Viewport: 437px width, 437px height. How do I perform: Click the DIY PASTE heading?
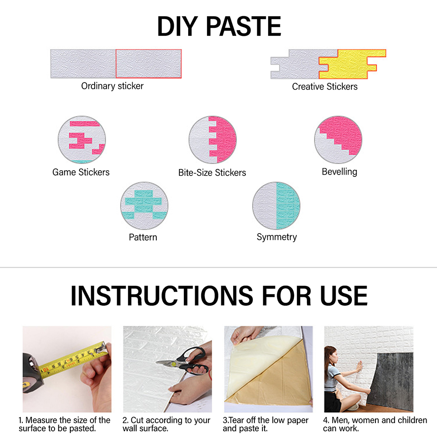pos(219,27)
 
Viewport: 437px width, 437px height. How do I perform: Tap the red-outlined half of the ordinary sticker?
pos(148,64)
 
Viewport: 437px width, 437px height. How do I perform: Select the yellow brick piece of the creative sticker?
pos(352,64)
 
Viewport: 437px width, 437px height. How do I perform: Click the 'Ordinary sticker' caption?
pos(112,86)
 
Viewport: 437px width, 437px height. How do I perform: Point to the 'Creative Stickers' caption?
pos(325,87)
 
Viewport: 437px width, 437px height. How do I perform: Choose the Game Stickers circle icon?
pos(82,140)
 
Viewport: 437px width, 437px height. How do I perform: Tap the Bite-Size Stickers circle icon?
pos(213,140)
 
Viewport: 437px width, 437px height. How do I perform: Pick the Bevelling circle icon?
pos(338,140)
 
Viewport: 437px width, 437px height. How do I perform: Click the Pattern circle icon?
pos(145,206)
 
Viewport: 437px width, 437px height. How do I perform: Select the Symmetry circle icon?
pos(276,206)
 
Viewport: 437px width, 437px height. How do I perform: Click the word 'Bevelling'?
pos(340,172)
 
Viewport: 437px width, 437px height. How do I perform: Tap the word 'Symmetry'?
pos(277,237)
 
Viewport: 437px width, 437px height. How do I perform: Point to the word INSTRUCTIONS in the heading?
pos(162,296)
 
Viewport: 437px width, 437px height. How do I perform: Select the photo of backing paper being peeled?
pos(268,369)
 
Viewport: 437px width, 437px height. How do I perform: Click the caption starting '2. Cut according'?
pos(166,424)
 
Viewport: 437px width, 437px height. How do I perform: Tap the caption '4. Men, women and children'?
pos(375,424)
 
